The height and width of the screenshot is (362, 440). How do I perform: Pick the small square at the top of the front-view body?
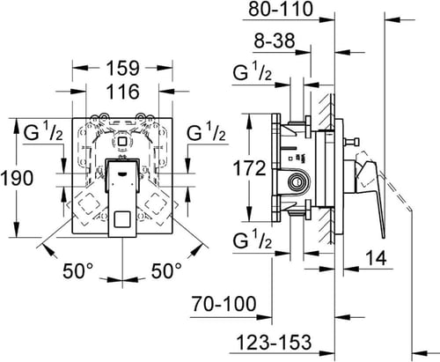123,138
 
